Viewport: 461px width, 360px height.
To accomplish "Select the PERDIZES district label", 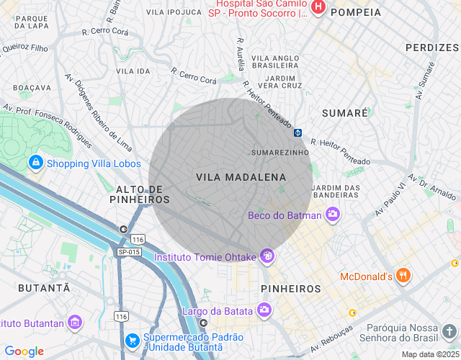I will click(x=432, y=47).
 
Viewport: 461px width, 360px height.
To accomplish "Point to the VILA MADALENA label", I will click(x=241, y=177).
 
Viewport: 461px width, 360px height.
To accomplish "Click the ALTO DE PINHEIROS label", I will click(x=141, y=194).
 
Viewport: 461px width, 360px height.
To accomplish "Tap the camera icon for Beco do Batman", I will click(x=333, y=214).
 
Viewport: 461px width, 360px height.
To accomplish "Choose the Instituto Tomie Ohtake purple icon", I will click(x=267, y=256).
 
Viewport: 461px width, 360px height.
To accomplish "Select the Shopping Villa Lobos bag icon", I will click(x=35, y=163).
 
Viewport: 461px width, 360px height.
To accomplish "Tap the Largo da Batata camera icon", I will click(x=264, y=310).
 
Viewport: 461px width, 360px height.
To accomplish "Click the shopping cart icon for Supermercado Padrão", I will click(x=132, y=339).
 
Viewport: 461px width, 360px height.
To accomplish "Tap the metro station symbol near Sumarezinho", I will click(x=297, y=132).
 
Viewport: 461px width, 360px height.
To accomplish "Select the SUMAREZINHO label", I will click(x=279, y=153).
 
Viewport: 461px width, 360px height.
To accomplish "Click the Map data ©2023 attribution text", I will click(x=429, y=354).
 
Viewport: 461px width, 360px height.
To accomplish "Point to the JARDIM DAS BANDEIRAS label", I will click(x=336, y=192).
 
